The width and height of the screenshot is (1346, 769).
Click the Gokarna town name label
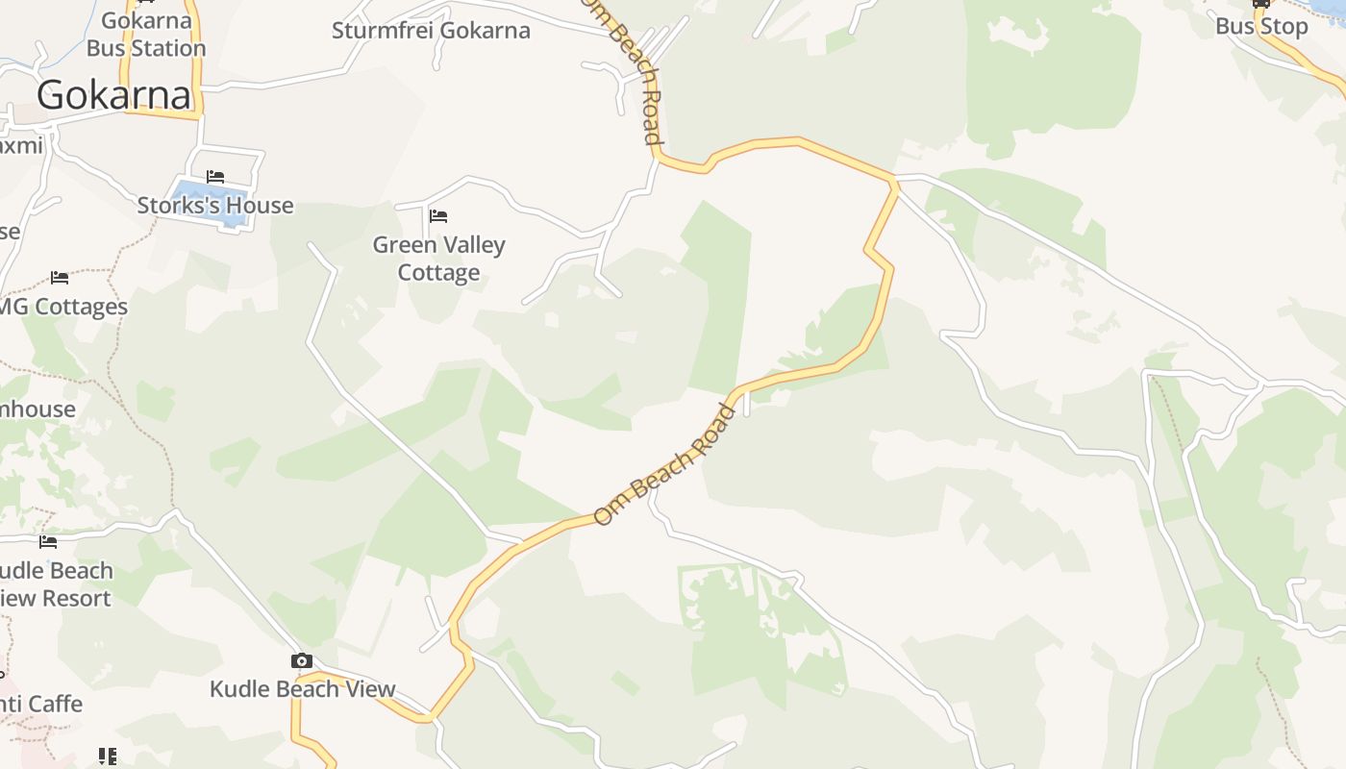click(114, 94)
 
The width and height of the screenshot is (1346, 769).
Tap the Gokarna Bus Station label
click(146, 35)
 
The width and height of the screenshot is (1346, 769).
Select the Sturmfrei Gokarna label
click(431, 30)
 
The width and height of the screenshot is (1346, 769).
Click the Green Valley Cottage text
click(438, 259)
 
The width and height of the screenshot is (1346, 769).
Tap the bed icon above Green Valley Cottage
click(438, 215)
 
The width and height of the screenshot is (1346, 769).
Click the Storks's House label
click(215, 205)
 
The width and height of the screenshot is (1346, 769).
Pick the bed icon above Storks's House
click(215, 177)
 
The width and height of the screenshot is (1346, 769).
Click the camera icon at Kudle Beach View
click(302, 660)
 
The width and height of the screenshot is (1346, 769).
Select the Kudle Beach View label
click(303, 688)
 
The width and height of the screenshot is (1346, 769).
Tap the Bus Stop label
click(1261, 26)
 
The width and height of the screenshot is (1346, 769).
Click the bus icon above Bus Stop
click(1260, 3)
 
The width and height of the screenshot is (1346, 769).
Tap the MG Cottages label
click(62, 307)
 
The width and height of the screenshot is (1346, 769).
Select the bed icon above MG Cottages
click(60, 278)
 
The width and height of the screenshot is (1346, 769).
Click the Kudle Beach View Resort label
click(55, 584)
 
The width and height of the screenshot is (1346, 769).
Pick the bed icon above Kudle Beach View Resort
click(48, 542)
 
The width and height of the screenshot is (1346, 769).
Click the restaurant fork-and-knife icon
click(108, 757)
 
